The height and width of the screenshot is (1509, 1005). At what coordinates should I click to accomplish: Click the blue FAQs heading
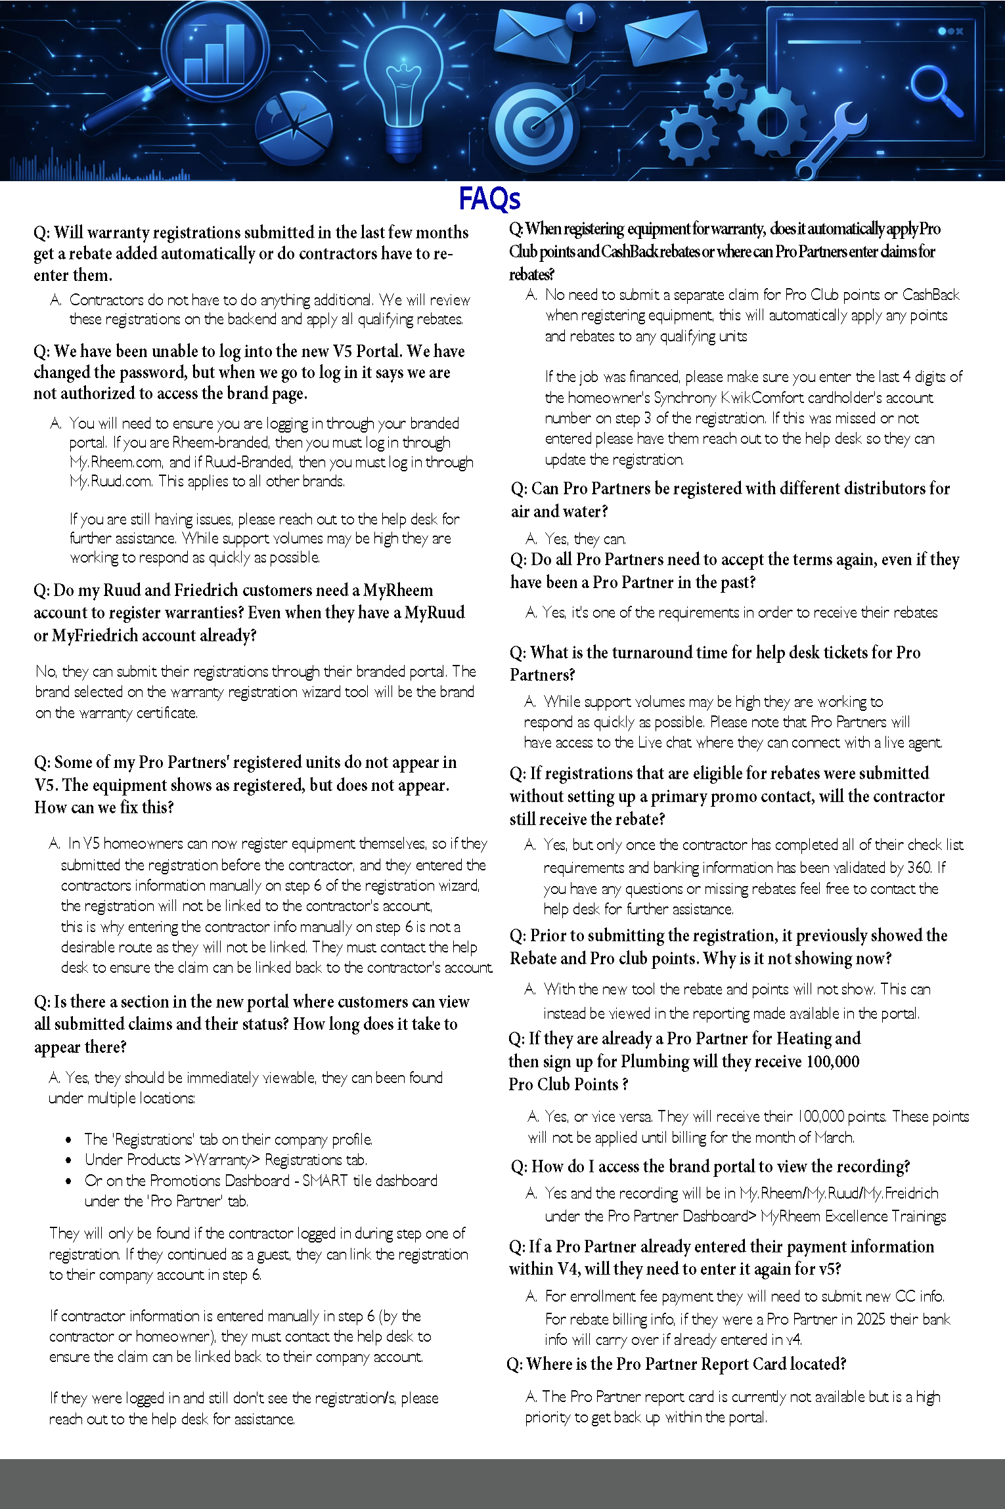tap(489, 198)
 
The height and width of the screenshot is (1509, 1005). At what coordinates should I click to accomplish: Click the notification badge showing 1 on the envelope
tap(580, 18)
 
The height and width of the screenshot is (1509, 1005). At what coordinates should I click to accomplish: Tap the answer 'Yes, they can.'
tap(585, 539)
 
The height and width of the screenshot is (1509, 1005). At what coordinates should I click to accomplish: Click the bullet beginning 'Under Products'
tap(225, 1160)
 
